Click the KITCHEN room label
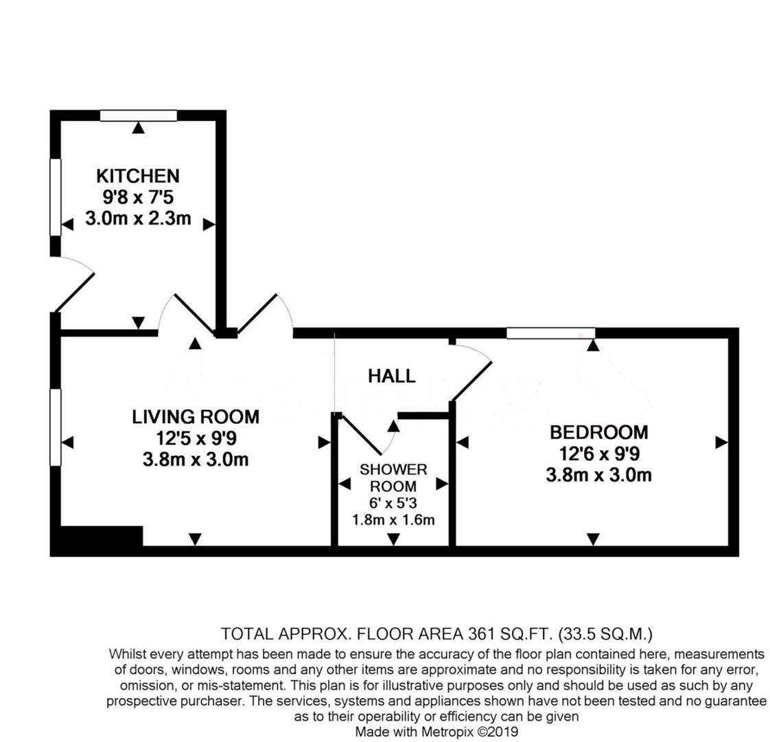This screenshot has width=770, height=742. pyautogui.click(x=137, y=175)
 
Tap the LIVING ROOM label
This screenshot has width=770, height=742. pyautogui.click(x=196, y=416)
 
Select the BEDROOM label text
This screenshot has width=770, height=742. pyautogui.click(x=598, y=432)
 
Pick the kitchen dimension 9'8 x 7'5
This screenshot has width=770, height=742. pyautogui.click(x=137, y=198)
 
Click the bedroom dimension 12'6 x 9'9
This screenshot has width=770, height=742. pyautogui.click(x=598, y=453)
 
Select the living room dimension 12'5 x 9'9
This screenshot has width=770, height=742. pyautogui.click(x=196, y=438)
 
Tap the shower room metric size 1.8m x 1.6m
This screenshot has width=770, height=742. pyautogui.click(x=393, y=520)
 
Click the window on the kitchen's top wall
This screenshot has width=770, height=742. pyautogui.click(x=138, y=115)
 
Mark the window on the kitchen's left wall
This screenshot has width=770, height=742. pyautogui.click(x=56, y=197)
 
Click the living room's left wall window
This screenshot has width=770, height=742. pyautogui.click(x=56, y=427)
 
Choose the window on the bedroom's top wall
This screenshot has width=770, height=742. pyautogui.click(x=550, y=333)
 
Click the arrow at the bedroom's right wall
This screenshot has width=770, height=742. pyautogui.click(x=721, y=442)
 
